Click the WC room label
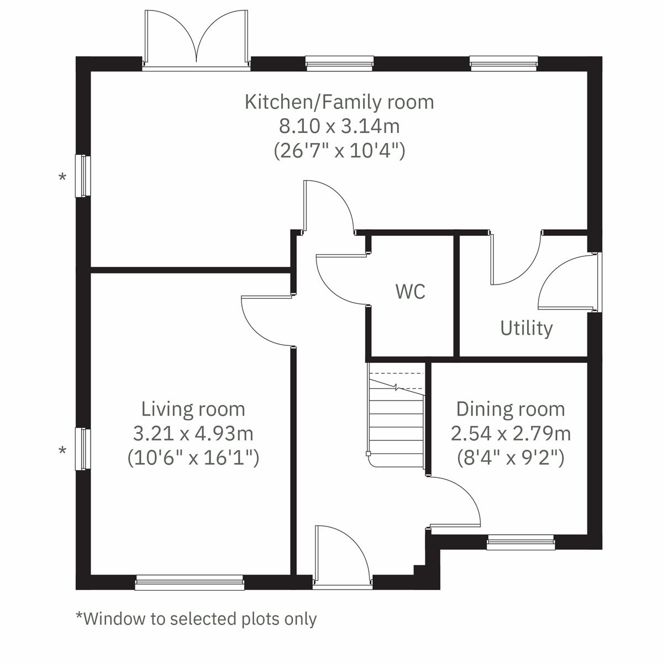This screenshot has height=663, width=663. coord(411,291)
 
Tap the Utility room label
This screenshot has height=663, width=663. coord(526,328)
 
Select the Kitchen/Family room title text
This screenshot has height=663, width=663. coord(339,102)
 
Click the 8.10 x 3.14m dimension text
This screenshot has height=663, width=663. coord(339,127)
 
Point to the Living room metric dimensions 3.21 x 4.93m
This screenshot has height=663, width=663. coord(193,434)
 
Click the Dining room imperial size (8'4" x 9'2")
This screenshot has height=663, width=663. coord(511,458)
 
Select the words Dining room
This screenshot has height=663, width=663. coord(511,409)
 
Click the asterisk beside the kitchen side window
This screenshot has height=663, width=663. coord(62,178)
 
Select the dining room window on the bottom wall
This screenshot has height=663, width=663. coord(520,542)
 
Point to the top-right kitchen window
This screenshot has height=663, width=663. coord(503,63)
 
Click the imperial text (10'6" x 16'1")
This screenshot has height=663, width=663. coord(193,458)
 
